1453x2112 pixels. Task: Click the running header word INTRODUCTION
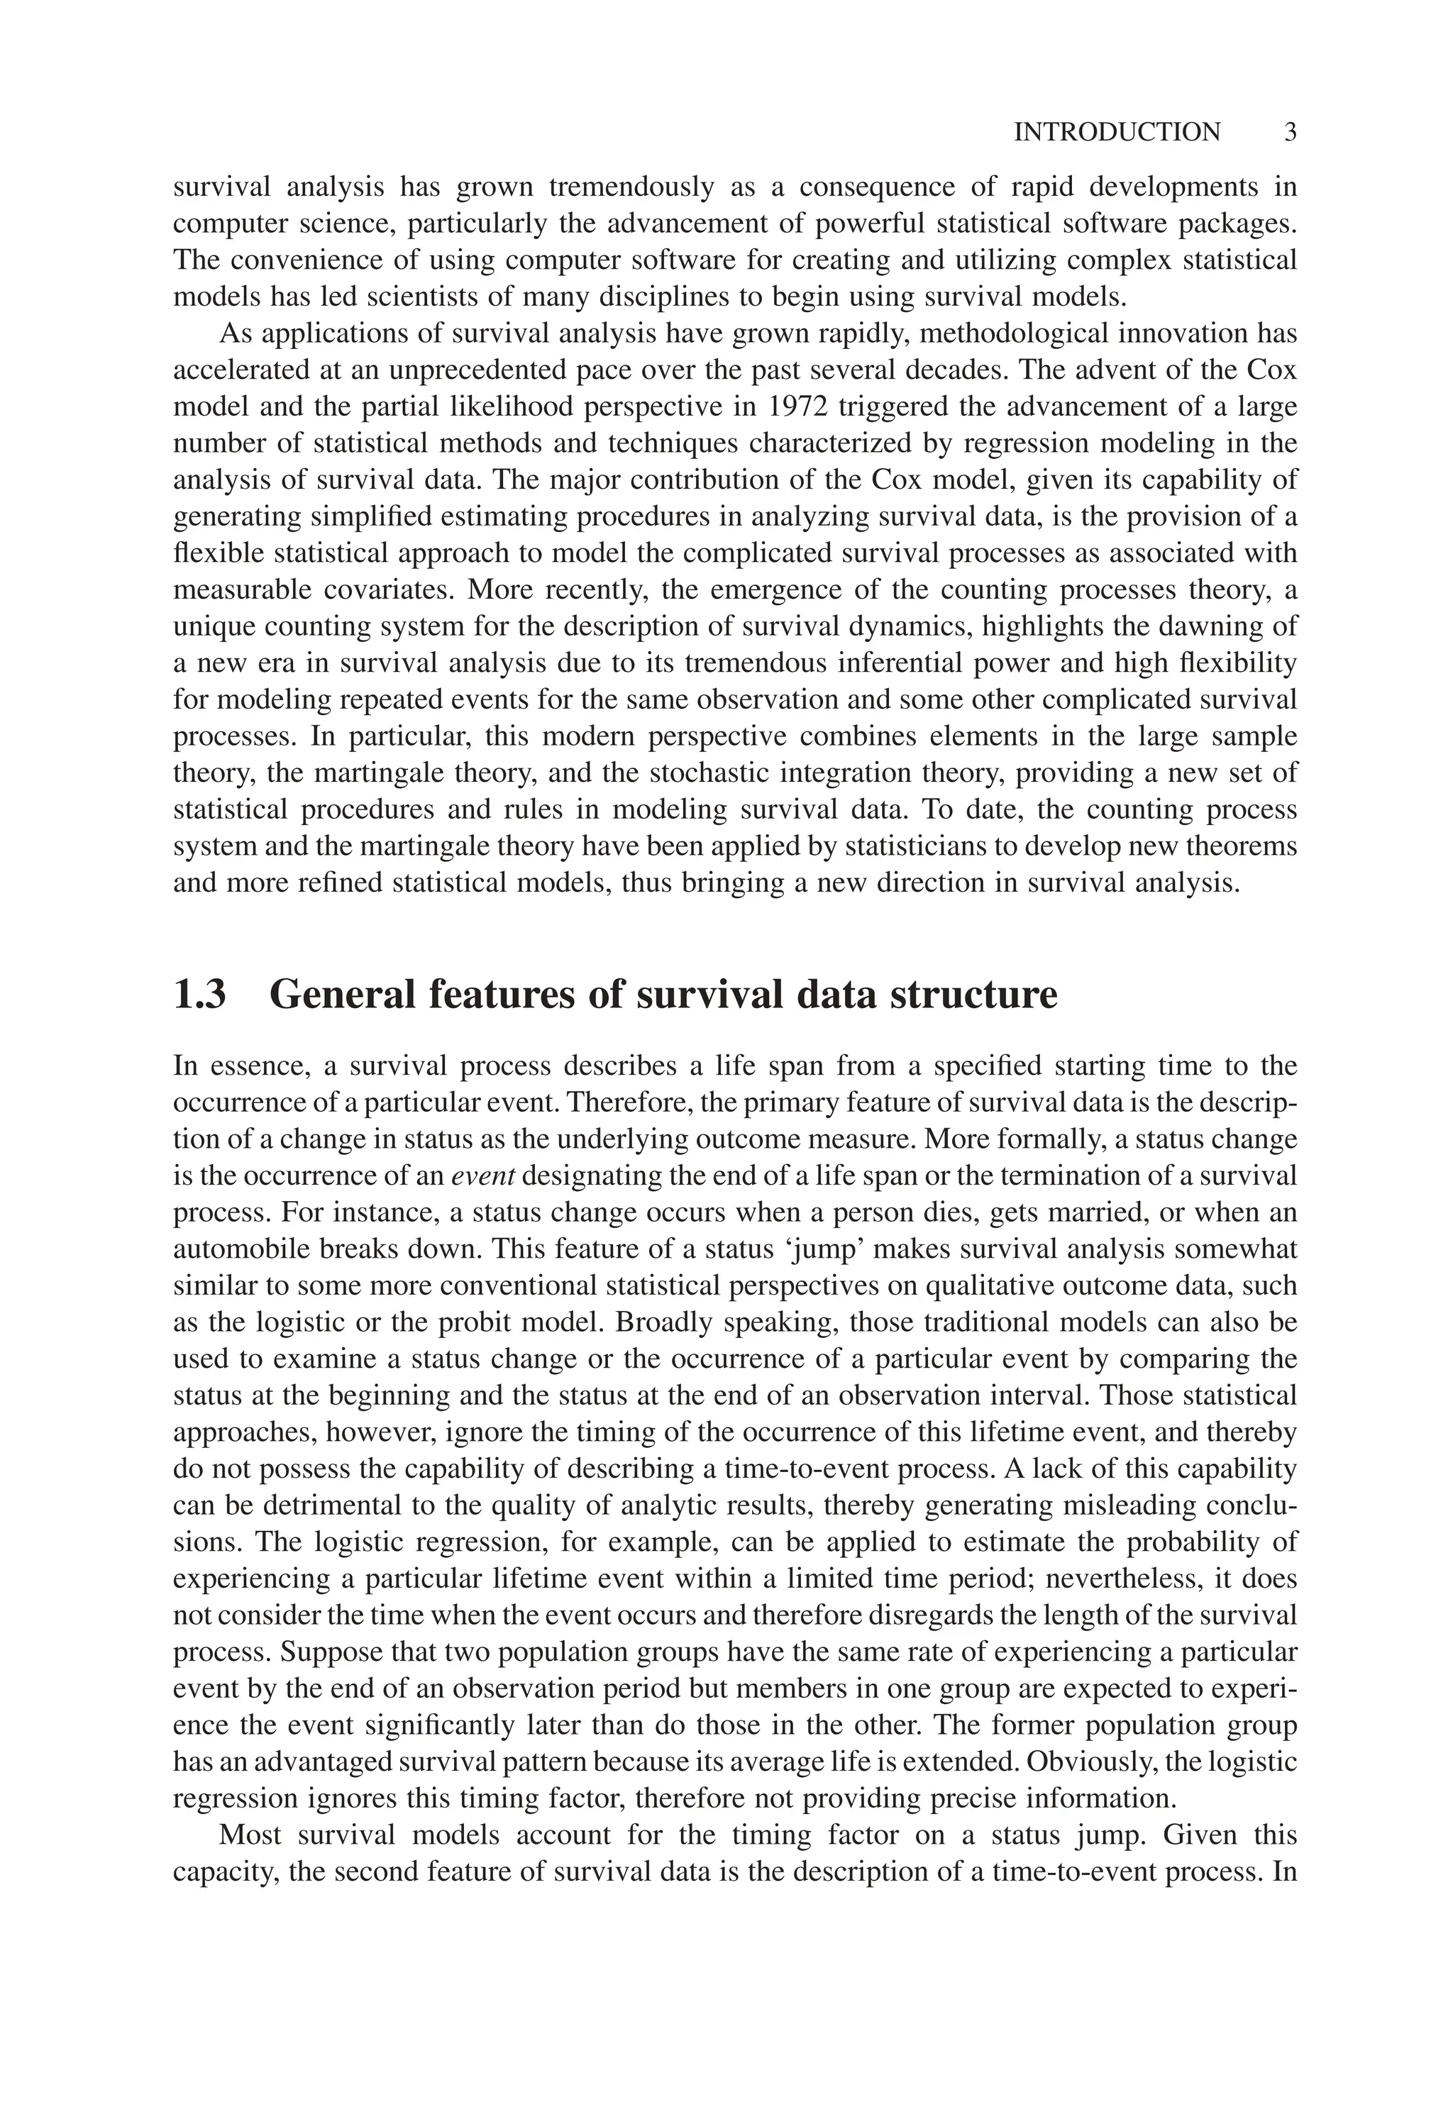click(1117, 132)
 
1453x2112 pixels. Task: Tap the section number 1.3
click(199, 993)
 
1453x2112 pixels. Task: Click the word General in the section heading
click(341, 993)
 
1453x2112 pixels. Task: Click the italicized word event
click(483, 1176)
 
